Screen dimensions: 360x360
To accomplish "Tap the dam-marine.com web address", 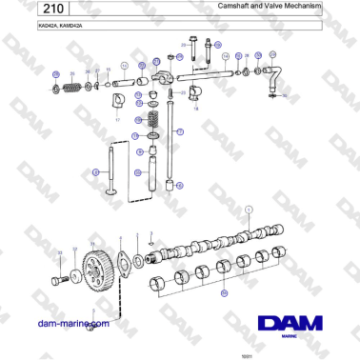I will pyautogui.click(x=72, y=324).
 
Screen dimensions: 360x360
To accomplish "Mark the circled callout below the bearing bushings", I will pyautogui.click(x=224, y=294).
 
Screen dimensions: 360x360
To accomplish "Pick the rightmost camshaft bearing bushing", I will pyautogui.click(x=279, y=252).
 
